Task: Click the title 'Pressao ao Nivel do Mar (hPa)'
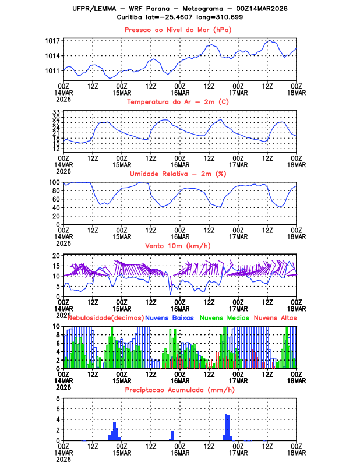pyautogui.click(x=179, y=30)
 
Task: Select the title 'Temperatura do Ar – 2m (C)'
pyautogui.click(x=179, y=102)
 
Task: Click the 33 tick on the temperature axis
pyautogui.click(x=57, y=112)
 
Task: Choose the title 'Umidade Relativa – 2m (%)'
pyautogui.click(x=179, y=174)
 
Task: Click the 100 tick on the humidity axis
pyautogui.click(x=55, y=182)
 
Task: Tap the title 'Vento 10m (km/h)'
pyautogui.click(x=179, y=246)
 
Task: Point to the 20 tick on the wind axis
pyautogui.click(x=57, y=255)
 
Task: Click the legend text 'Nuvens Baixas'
pyautogui.click(x=170, y=318)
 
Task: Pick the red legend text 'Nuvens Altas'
pyautogui.click(x=275, y=318)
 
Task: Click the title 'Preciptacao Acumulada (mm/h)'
pyautogui.click(x=179, y=389)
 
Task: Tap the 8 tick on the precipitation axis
pyautogui.click(x=58, y=398)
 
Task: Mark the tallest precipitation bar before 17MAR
pyautogui.click(x=226, y=427)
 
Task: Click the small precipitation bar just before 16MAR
pyautogui.click(x=172, y=435)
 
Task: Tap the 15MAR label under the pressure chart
pyautogui.click(x=121, y=91)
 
